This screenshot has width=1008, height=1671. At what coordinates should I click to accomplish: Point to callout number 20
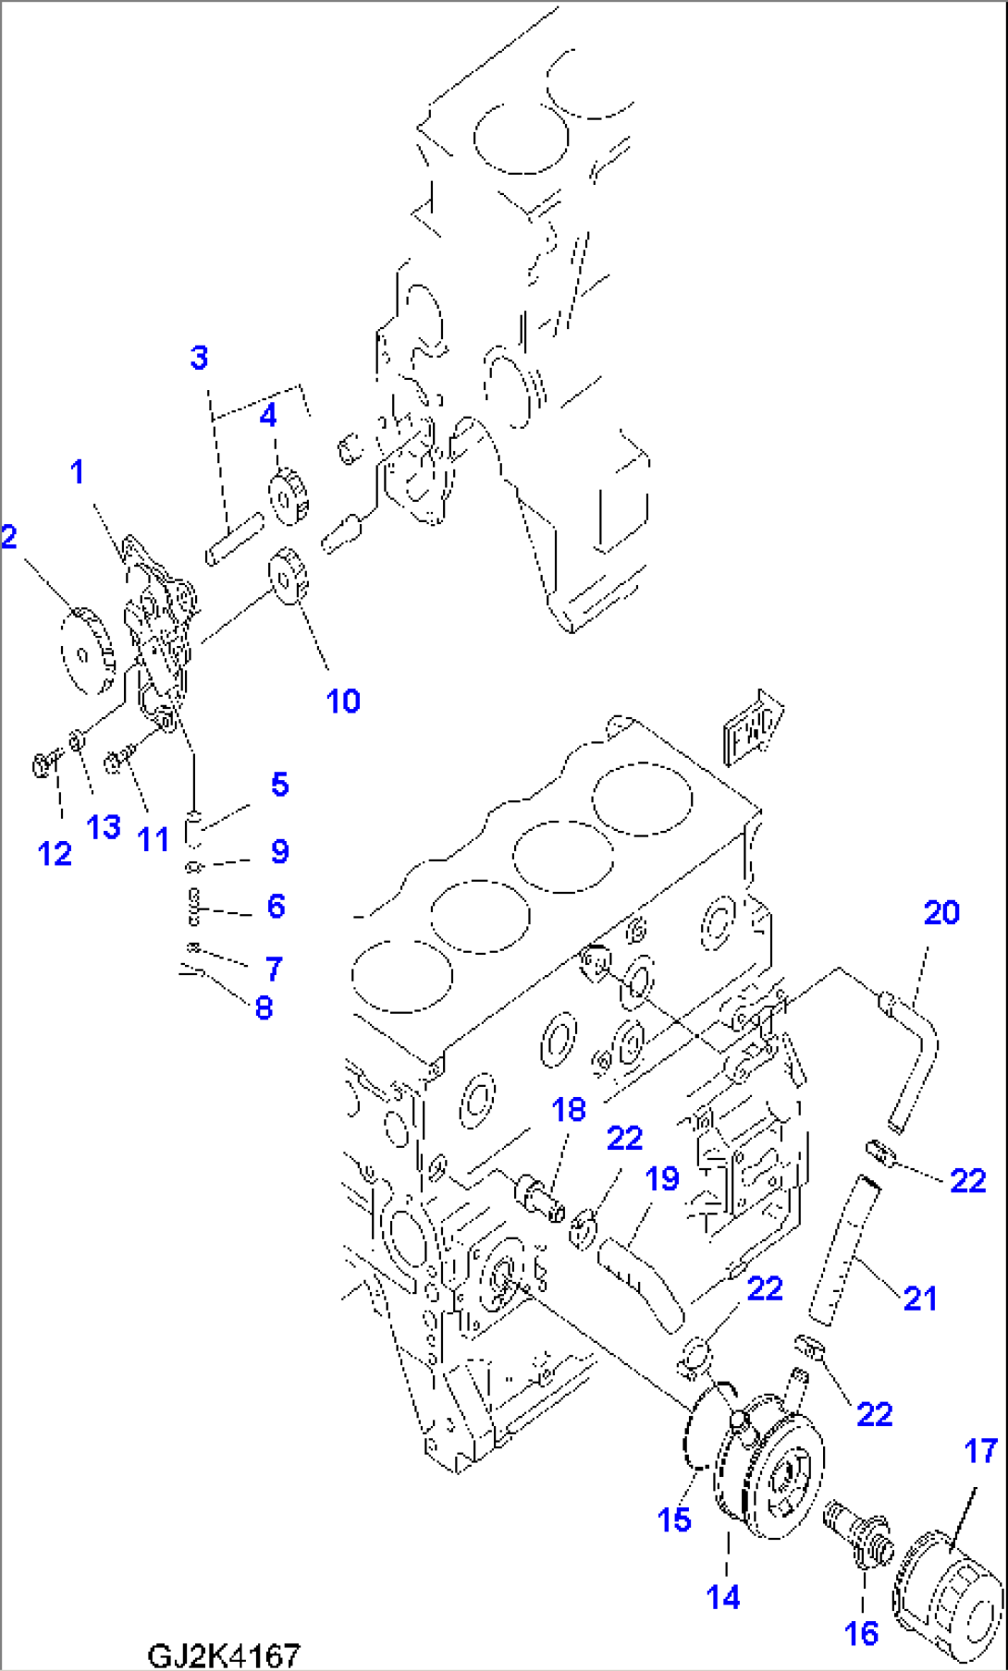pyautogui.click(x=941, y=913)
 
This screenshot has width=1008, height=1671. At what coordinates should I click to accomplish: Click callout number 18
pyautogui.click(x=569, y=1109)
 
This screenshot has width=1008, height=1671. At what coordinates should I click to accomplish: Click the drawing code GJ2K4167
pyautogui.click(x=224, y=1653)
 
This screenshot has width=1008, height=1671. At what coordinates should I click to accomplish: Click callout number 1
pyautogui.click(x=78, y=472)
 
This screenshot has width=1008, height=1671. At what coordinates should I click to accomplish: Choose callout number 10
pyautogui.click(x=342, y=701)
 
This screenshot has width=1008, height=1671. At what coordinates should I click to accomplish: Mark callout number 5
pyautogui.click(x=279, y=785)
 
